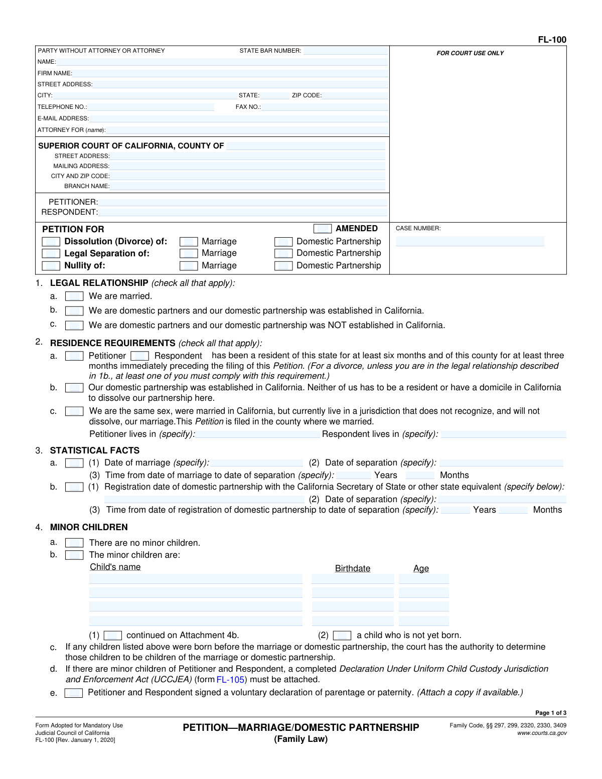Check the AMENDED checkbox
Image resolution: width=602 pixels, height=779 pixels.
pyautogui.click(x=323, y=229)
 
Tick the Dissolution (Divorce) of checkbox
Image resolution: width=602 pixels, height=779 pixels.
pyautogui.click(x=51, y=242)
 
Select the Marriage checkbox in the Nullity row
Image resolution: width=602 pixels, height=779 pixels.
pyautogui.click(x=189, y=266)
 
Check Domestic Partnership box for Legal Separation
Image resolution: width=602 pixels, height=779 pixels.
pyautogui.click(x=283, y=253)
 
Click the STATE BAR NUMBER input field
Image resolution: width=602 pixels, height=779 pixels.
pyautogui.click(x=345, y=51)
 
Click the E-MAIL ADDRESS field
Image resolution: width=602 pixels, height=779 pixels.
pyautogui.click(x=238, y=118)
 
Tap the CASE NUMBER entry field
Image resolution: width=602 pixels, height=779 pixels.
pyautogui.click(x=470, y=242)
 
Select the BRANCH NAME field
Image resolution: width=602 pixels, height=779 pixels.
pyautogui.click(x=247, y=186)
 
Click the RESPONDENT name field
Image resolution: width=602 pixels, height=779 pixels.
pyautogui.click(x=243, y=212)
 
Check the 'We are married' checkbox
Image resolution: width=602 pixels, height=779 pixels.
pyautogui.click(x=74, y=296)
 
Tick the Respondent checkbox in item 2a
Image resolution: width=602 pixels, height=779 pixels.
pyautogui.click(x=139, y=356)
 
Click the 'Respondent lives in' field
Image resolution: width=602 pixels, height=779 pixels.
pyautogui.click(x=503, y=434)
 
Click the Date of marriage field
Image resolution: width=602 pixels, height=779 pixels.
pyautogui.click(x=257, y=463)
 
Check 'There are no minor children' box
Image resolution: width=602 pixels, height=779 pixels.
pyautogui.click(x=74, y=543)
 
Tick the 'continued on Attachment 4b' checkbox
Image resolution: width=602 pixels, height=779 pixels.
pyautogui.click(x=113, y=636)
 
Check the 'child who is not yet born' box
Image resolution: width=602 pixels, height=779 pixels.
pyautogui.click(x=342, y=636)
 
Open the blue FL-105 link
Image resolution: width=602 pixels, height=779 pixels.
pyautogui.click(x=230, y=680)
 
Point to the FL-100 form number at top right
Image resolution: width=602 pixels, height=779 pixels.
pyautogui.click(x=552, y=40)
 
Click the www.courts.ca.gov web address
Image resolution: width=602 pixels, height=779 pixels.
pyautogui.click(x=542, y=733)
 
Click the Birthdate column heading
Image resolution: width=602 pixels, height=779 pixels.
pyautogui.click(x=353, y=568)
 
